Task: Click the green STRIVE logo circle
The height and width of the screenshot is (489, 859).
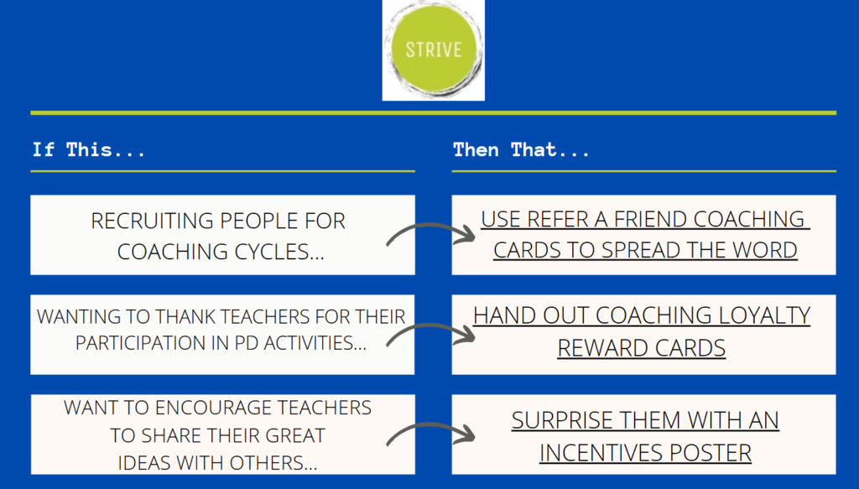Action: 434,49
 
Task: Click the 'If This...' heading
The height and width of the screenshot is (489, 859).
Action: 89,150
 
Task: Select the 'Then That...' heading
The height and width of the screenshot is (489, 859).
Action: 521,150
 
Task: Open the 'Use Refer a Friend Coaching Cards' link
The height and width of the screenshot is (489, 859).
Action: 645,234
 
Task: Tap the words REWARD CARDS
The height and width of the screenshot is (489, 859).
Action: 642,348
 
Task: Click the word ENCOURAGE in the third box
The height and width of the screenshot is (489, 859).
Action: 214,408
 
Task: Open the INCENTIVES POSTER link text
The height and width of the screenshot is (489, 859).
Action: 645,454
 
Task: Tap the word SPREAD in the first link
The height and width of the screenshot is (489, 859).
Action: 642,250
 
